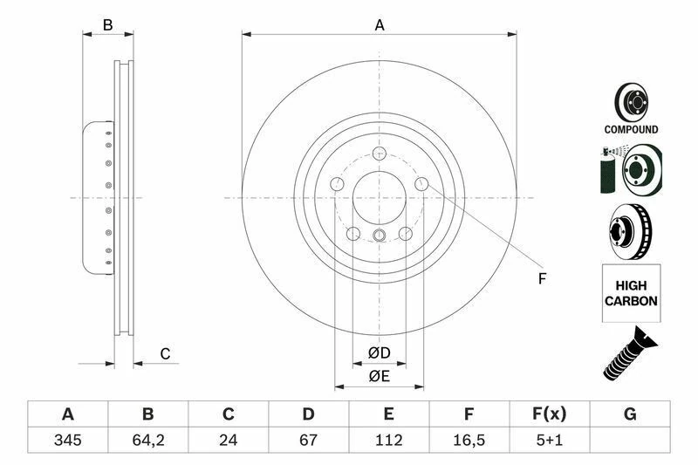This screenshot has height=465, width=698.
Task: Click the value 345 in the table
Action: point(67,440)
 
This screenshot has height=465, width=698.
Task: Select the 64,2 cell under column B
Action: point(147,440)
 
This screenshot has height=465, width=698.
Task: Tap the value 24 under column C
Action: point(228,440)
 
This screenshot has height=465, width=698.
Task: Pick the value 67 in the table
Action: point(308,440)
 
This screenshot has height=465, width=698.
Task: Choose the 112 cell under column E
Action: point(388,440)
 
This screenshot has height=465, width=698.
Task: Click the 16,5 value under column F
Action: point(469,440)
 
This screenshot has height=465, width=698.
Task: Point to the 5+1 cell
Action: point(550,440)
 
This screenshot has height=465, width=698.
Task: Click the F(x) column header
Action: point(550,414)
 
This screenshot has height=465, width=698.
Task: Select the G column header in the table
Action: point(630,414)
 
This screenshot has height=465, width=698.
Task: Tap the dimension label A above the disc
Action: point(380,25)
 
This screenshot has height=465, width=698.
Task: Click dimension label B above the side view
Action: point(108,25)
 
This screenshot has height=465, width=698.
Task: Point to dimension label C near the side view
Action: point(164,353)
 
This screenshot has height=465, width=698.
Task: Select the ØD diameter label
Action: point(379,352)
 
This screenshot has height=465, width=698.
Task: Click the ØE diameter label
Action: point(379,376)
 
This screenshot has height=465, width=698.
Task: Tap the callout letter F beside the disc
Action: point(541,279)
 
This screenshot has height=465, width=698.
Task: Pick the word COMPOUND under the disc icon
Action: point(631,129)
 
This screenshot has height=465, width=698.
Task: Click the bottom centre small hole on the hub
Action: point(380,236)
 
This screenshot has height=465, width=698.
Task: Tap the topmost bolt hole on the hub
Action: point(380,154)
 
